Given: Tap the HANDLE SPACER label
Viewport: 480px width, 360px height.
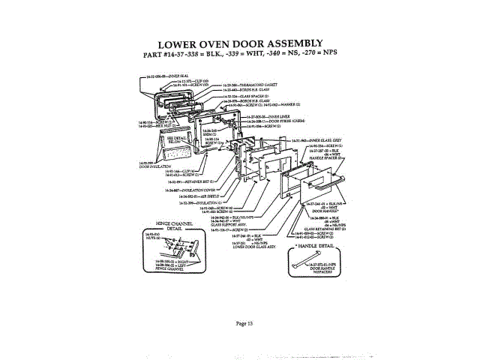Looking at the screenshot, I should coord(330,158).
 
